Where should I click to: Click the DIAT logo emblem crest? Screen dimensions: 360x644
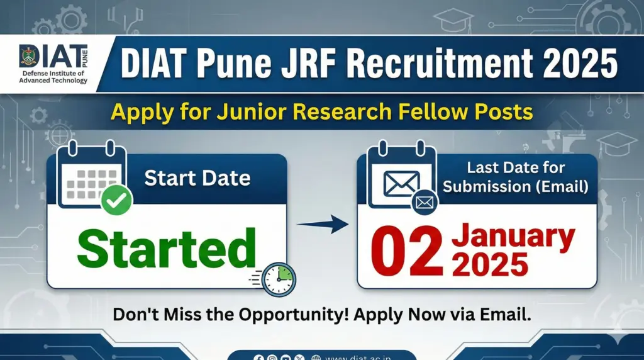point(29,59)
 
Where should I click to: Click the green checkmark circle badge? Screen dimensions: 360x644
point(116,201)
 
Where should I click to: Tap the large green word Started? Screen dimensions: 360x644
point(167,249)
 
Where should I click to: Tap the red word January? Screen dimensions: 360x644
point(513,238)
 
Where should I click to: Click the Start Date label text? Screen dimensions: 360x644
point(197,178)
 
